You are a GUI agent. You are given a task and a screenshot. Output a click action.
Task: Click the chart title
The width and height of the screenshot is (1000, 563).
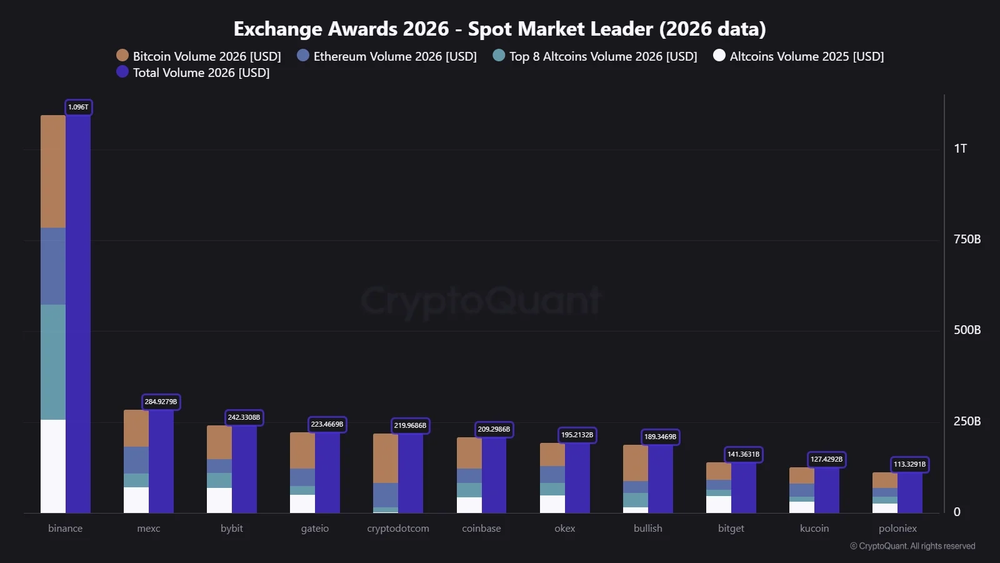pos(499,29)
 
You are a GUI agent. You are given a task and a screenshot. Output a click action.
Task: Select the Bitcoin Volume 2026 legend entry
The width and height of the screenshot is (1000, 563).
pos(199,56)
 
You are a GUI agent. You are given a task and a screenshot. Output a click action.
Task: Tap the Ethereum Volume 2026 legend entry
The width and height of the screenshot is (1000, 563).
pos(387,56)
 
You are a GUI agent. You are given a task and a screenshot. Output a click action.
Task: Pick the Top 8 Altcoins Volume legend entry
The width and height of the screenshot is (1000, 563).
pos(595,56)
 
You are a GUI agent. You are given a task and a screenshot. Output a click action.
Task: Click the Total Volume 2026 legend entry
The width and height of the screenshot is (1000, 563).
pos(193,73)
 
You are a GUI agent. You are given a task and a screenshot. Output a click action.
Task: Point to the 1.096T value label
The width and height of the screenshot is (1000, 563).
pos(78,107)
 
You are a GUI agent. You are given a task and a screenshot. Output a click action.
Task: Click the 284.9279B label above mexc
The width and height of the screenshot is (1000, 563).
pos(161,402)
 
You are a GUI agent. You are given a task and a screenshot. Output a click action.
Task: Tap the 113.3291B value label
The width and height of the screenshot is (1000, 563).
pos(909,464)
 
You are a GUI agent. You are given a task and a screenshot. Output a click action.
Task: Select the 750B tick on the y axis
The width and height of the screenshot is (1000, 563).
pos(967,239)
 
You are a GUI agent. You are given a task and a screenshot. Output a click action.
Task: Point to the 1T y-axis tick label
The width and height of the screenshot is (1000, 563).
pos(960,148)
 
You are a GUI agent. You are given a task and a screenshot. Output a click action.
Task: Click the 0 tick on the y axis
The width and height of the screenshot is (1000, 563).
pos(957,512)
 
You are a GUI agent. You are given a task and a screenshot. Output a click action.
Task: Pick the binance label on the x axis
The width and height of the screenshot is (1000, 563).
pos(65,528)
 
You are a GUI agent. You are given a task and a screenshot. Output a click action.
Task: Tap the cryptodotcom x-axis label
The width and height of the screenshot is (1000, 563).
pos(398,528)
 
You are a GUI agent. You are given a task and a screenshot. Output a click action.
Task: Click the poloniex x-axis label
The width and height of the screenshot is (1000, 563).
pos(897,528)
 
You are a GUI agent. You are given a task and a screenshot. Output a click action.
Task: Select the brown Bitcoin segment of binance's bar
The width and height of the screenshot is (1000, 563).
pos(53,171)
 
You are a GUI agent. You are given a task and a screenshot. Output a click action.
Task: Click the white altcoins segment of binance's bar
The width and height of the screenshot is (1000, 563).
pos(53,466)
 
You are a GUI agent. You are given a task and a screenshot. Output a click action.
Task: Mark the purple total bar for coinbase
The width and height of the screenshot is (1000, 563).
pos(494,475)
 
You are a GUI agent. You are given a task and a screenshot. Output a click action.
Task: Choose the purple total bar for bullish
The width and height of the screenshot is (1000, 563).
pos(660,479)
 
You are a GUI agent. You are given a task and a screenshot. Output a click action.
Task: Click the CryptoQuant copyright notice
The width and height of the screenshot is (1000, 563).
pos(912,546)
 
